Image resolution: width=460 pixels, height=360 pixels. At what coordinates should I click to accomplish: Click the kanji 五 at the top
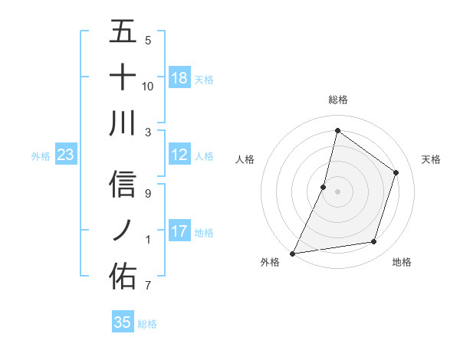click(123, 33)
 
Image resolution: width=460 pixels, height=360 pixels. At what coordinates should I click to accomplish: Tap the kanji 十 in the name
click(123, 77)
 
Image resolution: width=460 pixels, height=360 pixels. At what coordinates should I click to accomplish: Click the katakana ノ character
click(123, 229)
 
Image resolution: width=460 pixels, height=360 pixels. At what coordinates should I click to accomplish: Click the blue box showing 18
click(179, 78)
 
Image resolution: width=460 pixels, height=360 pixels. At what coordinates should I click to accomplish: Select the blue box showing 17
click(179, 232)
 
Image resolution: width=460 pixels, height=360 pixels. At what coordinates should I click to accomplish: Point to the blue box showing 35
click(123, 322)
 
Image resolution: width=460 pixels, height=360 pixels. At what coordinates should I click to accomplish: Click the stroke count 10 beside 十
click(148, 86)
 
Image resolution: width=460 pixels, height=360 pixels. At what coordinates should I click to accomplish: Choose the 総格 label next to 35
click(147, 324)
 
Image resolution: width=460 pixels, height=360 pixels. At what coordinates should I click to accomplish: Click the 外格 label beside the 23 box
click(41, 156)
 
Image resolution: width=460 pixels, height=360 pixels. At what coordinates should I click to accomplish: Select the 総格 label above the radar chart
click(337, 100)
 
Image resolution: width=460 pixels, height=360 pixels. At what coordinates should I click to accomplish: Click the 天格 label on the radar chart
click(431, 159)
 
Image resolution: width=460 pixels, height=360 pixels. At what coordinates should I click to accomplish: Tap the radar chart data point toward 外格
click(292, 253)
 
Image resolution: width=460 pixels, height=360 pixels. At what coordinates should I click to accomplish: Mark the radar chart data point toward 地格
click(374, 242)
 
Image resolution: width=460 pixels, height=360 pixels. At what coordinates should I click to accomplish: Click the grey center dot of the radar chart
click(337, 191)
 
